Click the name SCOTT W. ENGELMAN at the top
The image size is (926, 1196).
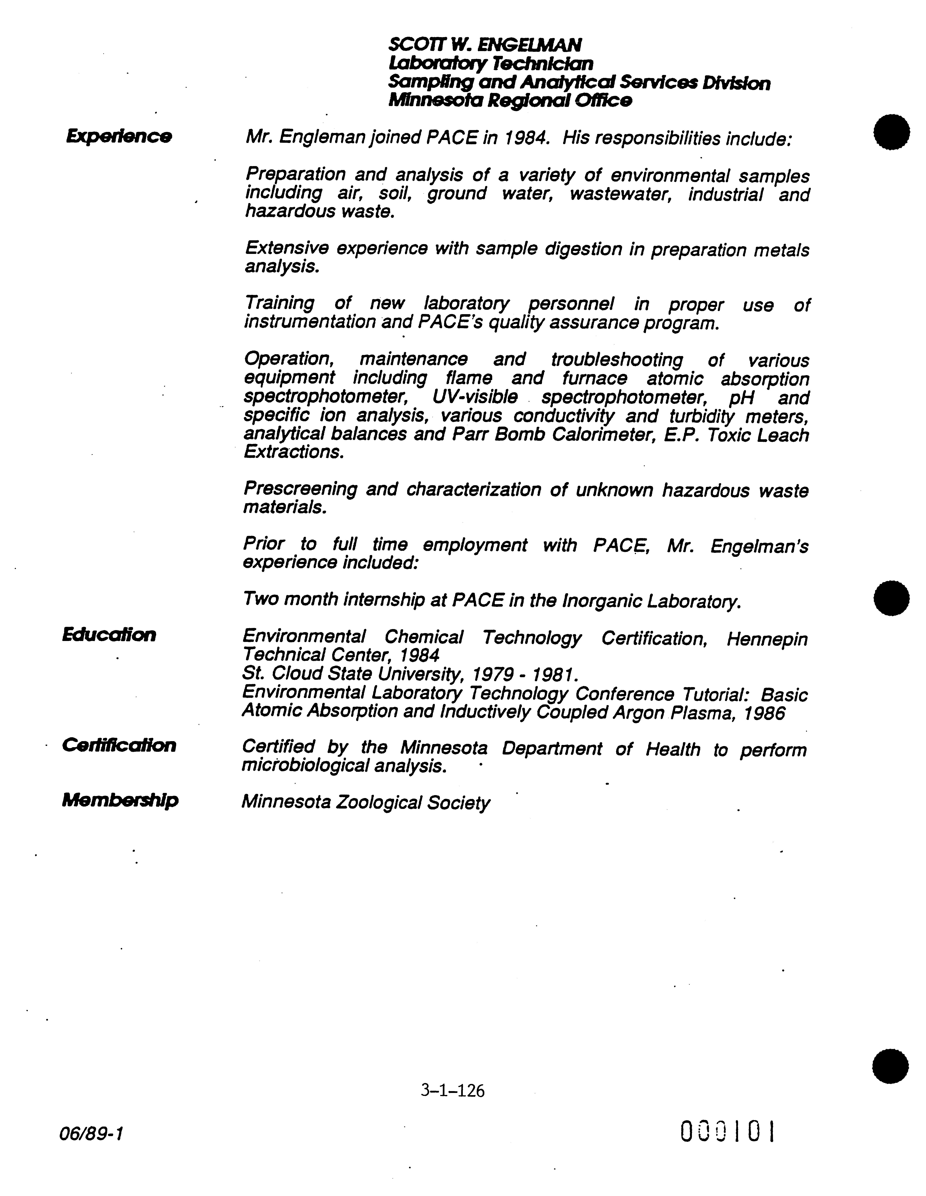(485, 44)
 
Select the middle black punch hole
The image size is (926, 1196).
(891, 597)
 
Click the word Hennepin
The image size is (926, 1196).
(767, 639)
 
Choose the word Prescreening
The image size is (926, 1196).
(300, 489)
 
